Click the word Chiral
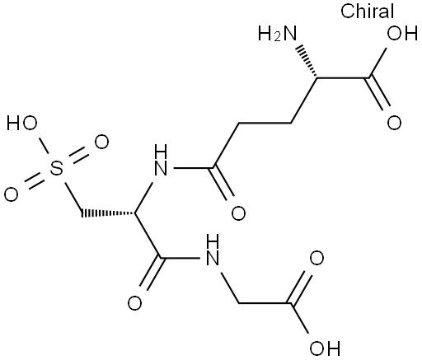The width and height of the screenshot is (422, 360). pyautogui.click(x=368, y=12)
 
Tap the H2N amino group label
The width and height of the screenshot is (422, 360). pyautogui.click(x=278, y=33)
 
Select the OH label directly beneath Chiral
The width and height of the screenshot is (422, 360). pyautogui.click(x=402, y=33)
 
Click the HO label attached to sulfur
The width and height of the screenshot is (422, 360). pyautogui.click(x=22, y=123)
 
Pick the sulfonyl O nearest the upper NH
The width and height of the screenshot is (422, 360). pyautogui.click(x=101, y=142)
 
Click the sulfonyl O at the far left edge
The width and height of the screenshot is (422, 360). pyautogui.click(x=12, y=194)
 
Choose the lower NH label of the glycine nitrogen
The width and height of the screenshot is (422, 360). pyautogui.click(x=213, y=250)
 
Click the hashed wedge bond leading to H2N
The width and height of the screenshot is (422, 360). pyautogui.click(x=307, y=62)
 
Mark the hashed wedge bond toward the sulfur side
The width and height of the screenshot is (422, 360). pyautogui.click(x=108, y=213)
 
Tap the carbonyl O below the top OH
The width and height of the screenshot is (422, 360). pyautogui.click(x=394, y=123)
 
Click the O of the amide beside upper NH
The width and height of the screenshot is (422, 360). pyautogui.click(x=238, y=213)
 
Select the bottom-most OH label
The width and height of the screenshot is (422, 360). pyautogui.click(x=325, y=348)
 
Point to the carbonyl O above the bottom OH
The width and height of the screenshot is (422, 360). pyautogui.click(x=316, y=259)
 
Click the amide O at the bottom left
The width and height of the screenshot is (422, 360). pyautogui.click(x=134, y=303)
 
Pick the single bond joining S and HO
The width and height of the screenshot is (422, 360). pyautogui.click(x=45, y=147)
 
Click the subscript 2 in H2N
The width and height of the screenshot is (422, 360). pyautogui.click(x=278, y=37)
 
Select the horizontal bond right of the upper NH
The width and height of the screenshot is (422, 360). pyautogui.click(x=194, y=168)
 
